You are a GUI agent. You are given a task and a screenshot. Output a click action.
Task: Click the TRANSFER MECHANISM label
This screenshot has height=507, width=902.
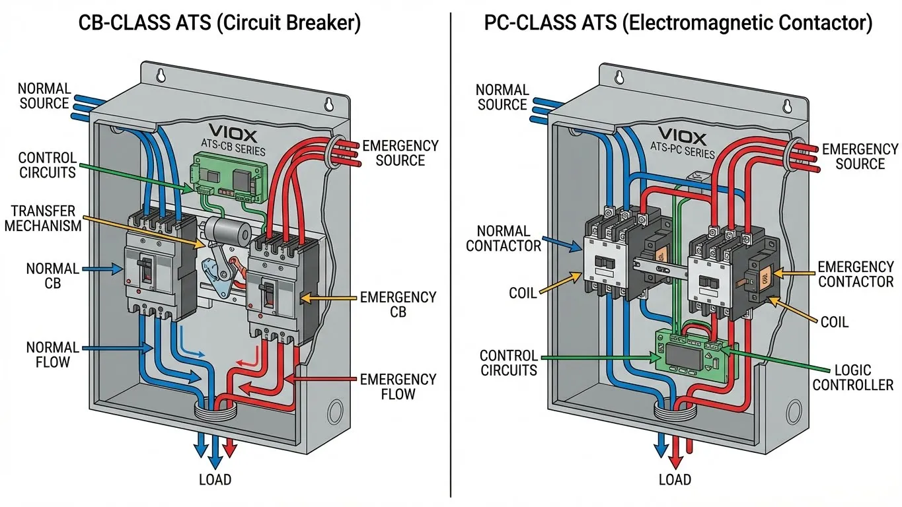46,219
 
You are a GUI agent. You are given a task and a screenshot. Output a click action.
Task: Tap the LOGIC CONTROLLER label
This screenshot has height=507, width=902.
852,377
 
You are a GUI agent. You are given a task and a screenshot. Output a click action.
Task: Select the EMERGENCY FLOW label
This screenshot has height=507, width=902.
398,387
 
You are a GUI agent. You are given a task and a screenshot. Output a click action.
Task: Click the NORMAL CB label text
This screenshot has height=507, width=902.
53,277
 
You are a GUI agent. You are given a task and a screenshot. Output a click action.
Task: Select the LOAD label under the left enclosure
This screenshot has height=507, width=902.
215,480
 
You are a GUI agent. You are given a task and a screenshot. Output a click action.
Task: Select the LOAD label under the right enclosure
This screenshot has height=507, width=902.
675,480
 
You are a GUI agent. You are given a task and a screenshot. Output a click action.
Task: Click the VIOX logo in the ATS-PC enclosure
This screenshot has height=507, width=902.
683,139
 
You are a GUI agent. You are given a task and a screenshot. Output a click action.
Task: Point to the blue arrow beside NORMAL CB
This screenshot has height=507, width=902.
102,269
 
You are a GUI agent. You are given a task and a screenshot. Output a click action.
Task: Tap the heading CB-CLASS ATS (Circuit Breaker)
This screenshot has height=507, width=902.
219,24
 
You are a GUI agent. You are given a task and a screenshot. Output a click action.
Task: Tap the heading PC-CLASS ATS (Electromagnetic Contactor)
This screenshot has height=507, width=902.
678,24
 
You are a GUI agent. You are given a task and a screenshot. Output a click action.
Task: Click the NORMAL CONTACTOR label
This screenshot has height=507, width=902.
504,238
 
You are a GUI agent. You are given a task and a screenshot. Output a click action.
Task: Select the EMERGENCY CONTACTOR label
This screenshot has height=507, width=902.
856,274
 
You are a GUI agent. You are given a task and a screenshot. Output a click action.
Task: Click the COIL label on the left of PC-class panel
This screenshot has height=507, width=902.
523,292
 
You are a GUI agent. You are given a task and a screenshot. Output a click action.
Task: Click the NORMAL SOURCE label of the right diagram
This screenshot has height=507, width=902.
502,97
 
